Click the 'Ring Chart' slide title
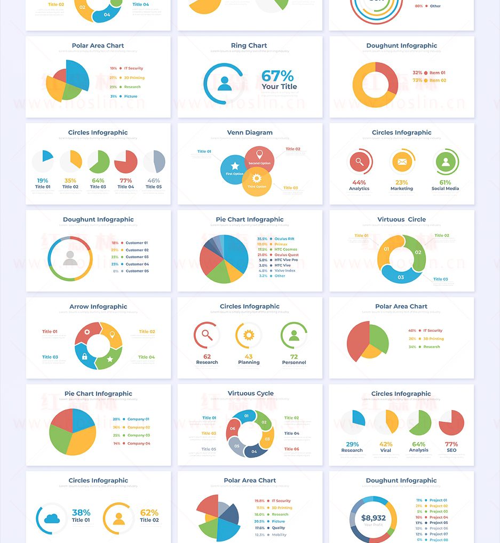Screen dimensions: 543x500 249,46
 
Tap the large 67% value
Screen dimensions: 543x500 277,76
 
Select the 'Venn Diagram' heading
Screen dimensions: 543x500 250,133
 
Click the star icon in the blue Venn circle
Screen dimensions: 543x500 235,166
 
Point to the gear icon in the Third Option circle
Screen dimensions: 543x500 257,178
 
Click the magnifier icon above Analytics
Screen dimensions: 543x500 359,162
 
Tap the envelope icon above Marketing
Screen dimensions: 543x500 402,162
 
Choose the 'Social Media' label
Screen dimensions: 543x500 446,189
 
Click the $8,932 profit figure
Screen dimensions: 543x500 373,518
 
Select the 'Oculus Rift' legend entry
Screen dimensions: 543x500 284,239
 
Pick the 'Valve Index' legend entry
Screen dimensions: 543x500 285,270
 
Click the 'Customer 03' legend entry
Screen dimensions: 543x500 137,257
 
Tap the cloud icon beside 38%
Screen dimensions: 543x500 52,518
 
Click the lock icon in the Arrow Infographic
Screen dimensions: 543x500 84,356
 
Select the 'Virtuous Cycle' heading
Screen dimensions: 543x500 250,394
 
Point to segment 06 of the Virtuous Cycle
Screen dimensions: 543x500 233,428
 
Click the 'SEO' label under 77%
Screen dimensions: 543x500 451,451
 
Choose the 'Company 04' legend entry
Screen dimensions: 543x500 139,443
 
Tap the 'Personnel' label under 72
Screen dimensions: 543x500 294,363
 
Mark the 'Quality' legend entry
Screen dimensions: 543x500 279,528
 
